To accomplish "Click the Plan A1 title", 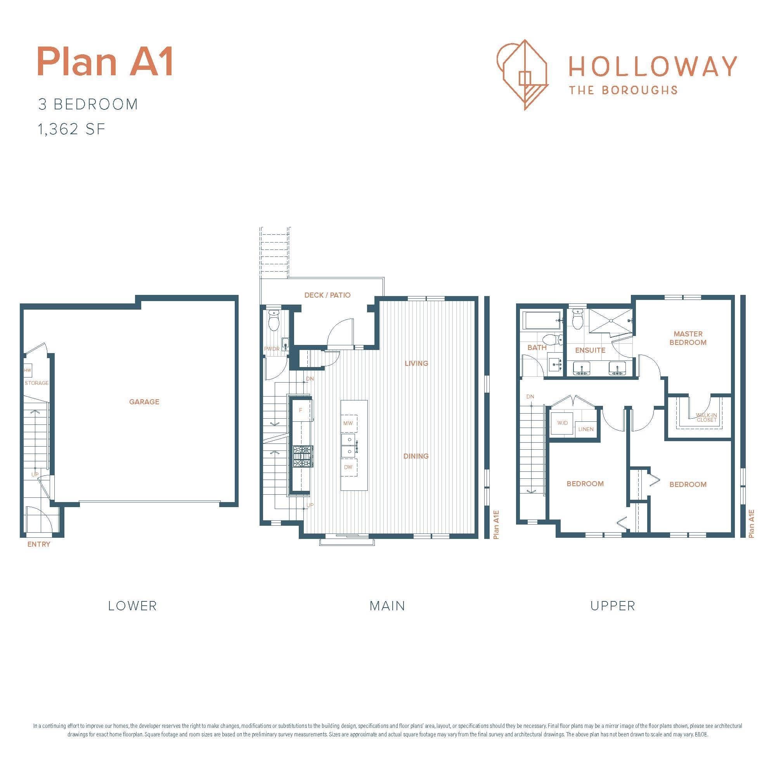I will coord(105,62).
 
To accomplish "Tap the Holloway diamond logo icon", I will coord(523,75).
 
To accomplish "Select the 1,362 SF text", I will coord(71,129).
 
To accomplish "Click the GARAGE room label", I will coord(144,402).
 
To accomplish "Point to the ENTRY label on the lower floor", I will coord(38,544).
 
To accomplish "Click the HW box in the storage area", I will coord(27,370).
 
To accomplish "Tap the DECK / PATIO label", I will coord(327,295).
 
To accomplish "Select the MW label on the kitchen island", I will coord(348,423).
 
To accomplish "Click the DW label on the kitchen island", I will coord(348,467).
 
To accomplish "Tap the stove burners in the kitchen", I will coord(303,456).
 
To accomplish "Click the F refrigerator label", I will coord(300,411).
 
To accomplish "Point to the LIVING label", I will coord(416,364).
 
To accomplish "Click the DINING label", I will coord(416,456).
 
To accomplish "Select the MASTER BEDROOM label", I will coord(688,338).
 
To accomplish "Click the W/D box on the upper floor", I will coord(562,423).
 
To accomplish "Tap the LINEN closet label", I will coord(585,430).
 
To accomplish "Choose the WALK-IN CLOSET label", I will coord(707,418).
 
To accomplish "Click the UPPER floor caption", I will coord(613,606).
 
